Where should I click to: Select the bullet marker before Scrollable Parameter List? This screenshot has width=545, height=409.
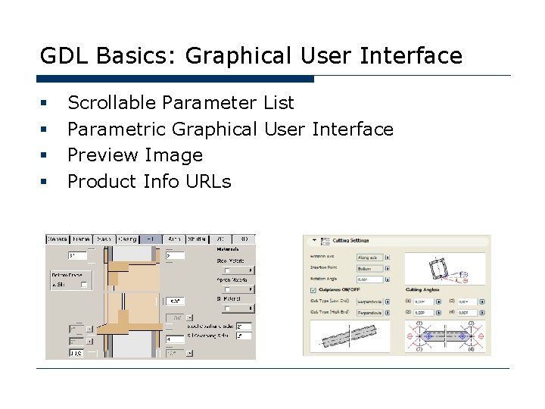[x=45, y=102]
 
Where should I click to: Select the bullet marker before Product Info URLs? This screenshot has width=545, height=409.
[x=45, y=182]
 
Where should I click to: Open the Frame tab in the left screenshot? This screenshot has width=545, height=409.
[x=81, y=239]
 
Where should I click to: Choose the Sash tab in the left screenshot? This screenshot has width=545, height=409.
[x=104, y=239]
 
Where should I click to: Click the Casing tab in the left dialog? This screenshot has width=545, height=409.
[x=127, y=239]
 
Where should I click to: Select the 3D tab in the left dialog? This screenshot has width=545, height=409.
[x=244, y=239]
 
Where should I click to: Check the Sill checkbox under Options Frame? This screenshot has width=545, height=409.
[x=84, y=285]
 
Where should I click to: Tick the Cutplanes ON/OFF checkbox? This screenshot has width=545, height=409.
[x=313, y=289]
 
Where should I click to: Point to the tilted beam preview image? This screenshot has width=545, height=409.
[x=353, y=336]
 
